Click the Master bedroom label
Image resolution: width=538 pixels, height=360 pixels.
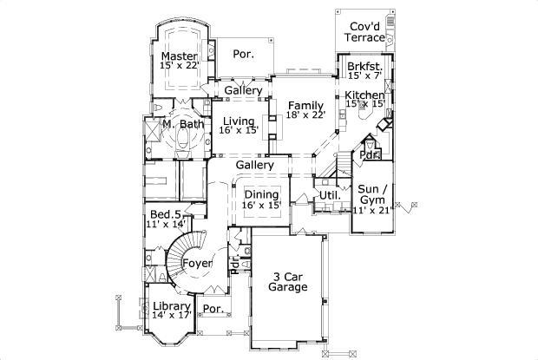[180, 56]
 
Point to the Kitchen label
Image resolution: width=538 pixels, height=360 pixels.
[364, 95]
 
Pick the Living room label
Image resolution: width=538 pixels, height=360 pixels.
[238, 121]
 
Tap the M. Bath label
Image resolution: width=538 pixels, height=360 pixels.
[183, 125]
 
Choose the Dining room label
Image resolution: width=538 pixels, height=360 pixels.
[260, 194]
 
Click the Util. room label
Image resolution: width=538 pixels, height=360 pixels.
[329, 196]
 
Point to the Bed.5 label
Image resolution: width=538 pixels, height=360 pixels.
[165, 214]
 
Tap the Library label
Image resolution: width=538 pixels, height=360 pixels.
[171, 306]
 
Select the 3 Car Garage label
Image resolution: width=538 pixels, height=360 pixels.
[287, 280]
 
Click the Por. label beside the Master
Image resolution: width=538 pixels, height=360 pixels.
[243, 54]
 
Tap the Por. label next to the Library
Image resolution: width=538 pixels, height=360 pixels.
[212, 309]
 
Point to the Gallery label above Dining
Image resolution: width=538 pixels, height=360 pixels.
[255, 165]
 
